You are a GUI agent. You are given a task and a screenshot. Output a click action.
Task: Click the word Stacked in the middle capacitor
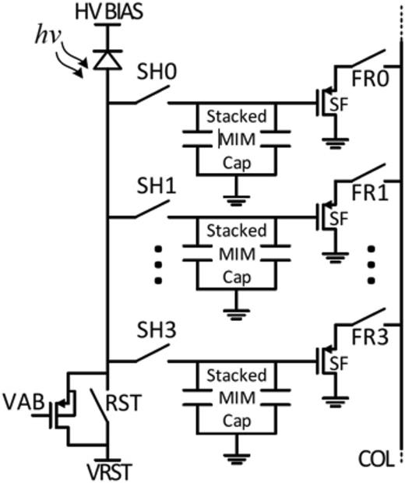tap(236, 231)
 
